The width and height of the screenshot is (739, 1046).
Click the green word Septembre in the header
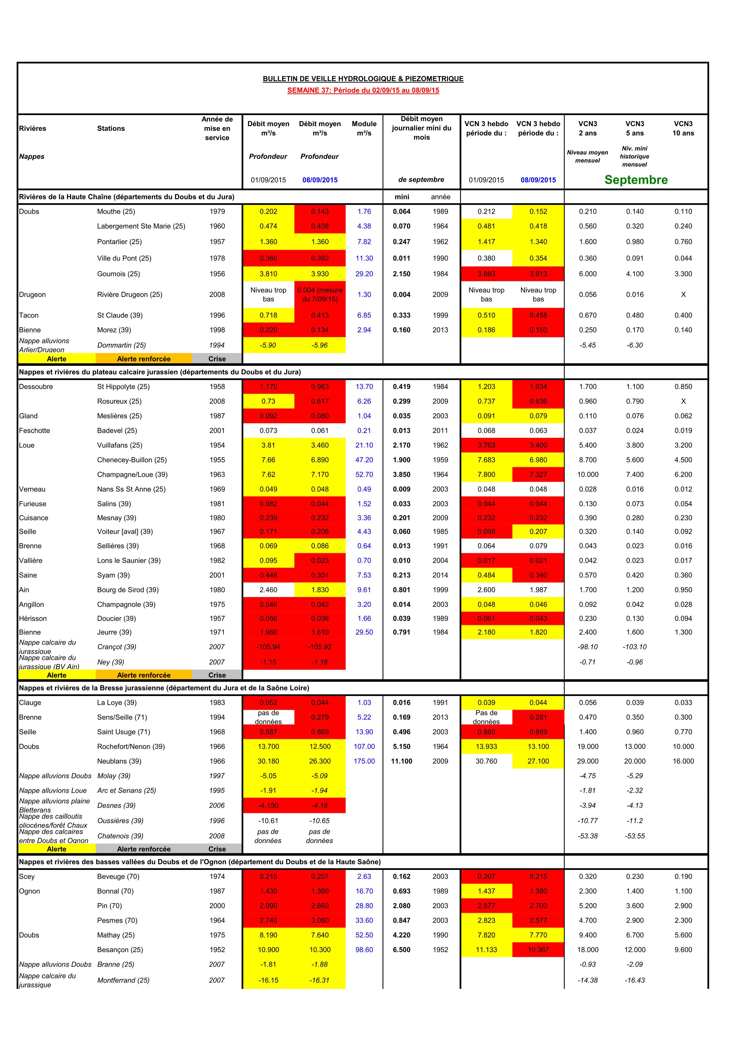pyautogui.click(x=636, y=180)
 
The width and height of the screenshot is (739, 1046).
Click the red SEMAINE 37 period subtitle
pyautogui.click(x=363, y=90)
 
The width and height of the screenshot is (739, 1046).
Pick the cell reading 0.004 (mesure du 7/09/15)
pyautogui.click(x=320, y=294)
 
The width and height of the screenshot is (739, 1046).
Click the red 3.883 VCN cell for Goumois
pyautogui.click(x=486, y=274)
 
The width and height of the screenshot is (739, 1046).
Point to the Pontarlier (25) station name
pyautogui.click(x=119, y=242)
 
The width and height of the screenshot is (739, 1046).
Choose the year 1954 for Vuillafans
pyautogui.click(x=217, y=445)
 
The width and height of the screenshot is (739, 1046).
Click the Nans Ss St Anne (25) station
pyautogui.click(x=131, y=489)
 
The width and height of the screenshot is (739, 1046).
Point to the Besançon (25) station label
pyautogui.click(x=120, y=950)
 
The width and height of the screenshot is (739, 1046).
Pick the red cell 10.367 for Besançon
pyautogui.click(x=538, y=950)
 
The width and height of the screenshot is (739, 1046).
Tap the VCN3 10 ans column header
pyautogui.click(x=683, y=128)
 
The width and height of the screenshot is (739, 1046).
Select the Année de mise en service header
pyautogui.click(x=217, y=128)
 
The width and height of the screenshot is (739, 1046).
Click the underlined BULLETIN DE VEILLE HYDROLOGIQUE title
pyautogui.click(x=363, y=79)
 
